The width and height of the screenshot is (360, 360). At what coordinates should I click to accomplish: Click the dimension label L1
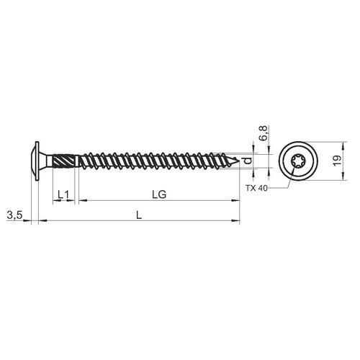[x=63, y=194]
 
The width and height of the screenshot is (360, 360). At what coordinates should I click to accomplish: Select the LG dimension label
[x=159, y=194]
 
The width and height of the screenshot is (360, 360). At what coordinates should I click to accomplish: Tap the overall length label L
[x=139, y=215]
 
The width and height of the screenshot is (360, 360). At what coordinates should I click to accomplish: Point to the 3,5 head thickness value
[x=14, y=215]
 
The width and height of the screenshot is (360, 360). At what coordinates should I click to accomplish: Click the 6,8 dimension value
[x=264, y=133]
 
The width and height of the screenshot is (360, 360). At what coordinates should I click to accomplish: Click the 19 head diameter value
[x=338, y=161]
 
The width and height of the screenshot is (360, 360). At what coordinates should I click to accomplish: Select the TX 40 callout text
[x=256, y=188]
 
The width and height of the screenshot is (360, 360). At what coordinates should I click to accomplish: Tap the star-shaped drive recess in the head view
[x=297, y=161]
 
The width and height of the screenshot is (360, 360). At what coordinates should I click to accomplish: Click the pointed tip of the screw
[x=239, y=159]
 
